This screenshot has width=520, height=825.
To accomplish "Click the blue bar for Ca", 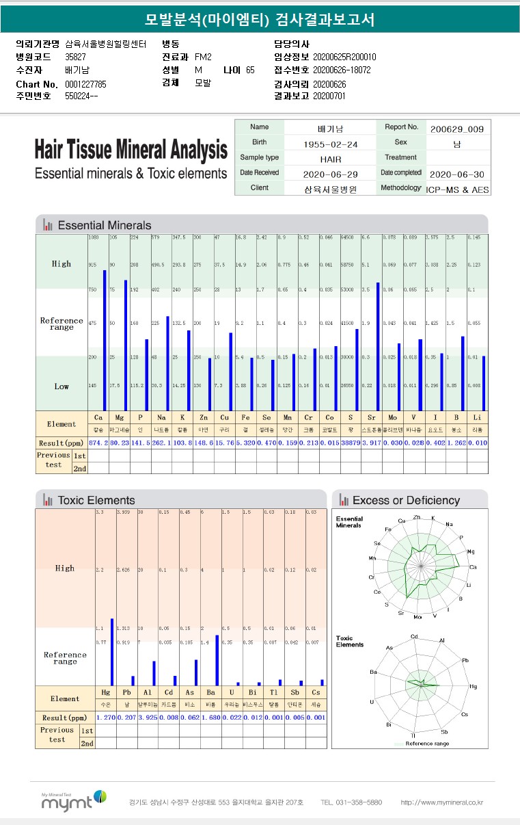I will pos(105,340).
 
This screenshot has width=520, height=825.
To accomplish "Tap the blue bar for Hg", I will pos(112,652).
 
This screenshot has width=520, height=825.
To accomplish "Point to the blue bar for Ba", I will pos(217,660).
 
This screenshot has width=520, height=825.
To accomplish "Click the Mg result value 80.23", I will pos(120,443).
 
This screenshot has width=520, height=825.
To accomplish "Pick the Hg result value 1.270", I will pos(106,718).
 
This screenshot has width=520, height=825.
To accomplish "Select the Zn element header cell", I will pos(203,417).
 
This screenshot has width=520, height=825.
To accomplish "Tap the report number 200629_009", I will pos(457,129).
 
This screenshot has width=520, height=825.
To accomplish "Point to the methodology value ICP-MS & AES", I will pos(457,189).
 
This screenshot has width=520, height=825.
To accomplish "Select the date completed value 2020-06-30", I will pos(457,174).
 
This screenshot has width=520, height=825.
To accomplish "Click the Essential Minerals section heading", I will pos(105,225).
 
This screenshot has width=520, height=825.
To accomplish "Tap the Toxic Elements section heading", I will pos(96,500).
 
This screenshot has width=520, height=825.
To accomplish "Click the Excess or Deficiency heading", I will pos(406,500).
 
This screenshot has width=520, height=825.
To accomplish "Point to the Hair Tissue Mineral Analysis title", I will pos(131,149).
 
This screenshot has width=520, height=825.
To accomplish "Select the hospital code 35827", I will pos(75,57).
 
